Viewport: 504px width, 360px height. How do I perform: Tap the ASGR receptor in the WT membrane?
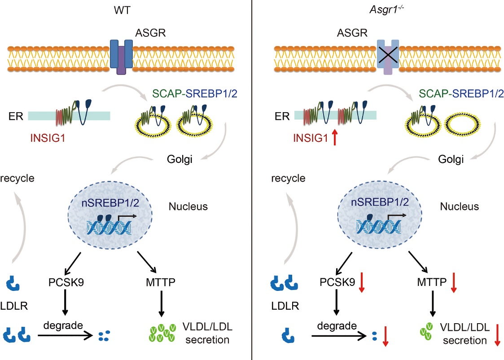pyautogui.click(x=122, y=56)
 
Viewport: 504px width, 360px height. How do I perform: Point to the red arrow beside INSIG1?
pyautogui.click(x=333, y=136)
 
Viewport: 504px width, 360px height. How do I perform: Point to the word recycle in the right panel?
pyautogui.click(x=290, y=178)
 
